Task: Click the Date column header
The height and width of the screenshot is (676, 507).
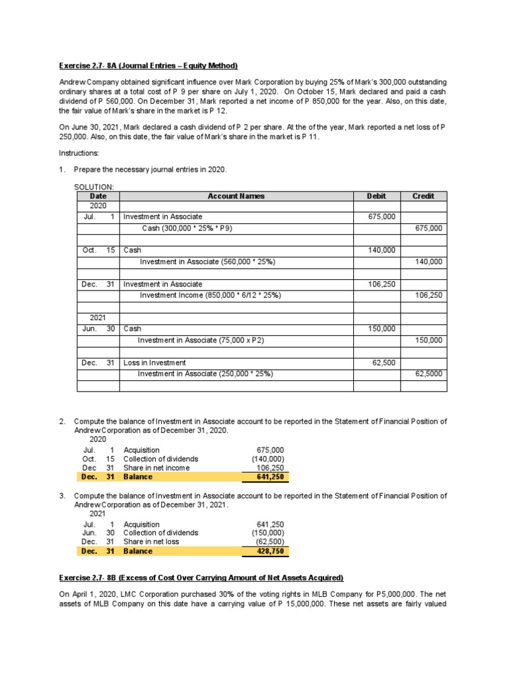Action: (x=98, y=196)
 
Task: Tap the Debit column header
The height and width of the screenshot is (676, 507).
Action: (x=376, y=196)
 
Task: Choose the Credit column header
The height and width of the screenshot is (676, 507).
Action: (x=423, y=196)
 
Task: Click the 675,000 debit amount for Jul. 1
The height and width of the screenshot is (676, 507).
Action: (x=382, y=217)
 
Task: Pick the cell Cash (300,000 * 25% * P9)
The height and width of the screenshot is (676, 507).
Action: (x=187, y=228)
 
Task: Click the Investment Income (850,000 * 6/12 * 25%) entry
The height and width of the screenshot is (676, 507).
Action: (x=210, y=295)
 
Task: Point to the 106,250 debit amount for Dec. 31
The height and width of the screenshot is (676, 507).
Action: (x=382, y=284)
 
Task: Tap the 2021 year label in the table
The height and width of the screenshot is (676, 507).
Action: (x=98, y=318)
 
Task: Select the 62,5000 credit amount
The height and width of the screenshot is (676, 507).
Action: (x=428, y=374)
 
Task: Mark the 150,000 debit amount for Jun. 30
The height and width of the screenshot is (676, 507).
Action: (x=382, y=329)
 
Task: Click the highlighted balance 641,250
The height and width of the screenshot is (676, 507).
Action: (x=270, y=477)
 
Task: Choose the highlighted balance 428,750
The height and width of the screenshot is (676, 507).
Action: (x=270, y=551)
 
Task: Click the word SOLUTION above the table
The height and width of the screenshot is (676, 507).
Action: (x=94, y=187)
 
